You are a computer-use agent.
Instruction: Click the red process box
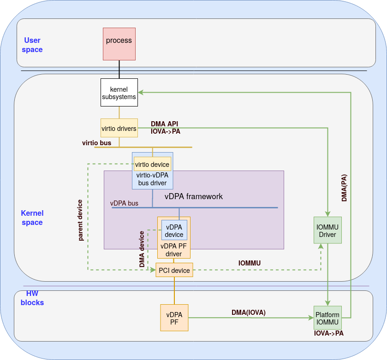(119, 43)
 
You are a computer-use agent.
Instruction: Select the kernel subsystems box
(119, 92)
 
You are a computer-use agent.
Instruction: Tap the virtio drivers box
(119, 129)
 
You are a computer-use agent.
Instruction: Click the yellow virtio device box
(152, 164)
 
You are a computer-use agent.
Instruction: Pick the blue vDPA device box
(174, 230)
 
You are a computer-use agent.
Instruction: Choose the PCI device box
(174, 270)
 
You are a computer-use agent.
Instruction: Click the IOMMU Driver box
(327, 230)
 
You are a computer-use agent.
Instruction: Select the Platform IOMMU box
(327, 319)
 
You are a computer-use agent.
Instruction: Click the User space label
(32, 45)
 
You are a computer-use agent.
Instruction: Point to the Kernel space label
(32, 218)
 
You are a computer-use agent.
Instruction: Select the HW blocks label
(32, 298)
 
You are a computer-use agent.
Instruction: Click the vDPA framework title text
(194, 196)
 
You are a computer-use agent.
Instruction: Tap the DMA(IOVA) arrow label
(249, 312)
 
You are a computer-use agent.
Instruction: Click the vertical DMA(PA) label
(345, 188)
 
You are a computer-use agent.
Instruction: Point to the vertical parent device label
(80, 220)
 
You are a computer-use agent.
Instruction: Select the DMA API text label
(165, 124)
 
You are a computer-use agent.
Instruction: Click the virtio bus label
(96, 143)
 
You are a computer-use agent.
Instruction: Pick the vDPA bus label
(124, 203)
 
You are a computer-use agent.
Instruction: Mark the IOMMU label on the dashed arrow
(250, 263)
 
